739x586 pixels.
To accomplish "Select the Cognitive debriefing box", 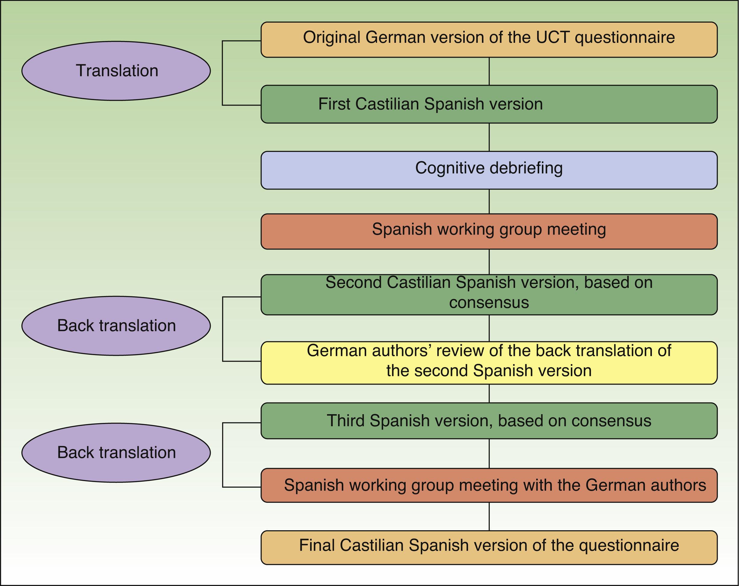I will point(489,170).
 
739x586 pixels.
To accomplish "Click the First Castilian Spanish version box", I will point(489,104).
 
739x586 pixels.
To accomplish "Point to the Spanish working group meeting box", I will point(489,232).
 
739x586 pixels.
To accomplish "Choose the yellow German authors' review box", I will point(489,363).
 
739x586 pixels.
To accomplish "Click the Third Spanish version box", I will point(489,421).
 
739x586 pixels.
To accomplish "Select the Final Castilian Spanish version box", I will point(489,548).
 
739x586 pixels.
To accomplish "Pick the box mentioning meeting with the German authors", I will point(489,486).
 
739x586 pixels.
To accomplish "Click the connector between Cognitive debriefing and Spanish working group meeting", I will point(489,202).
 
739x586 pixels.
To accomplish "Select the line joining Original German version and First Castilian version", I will point(489,71).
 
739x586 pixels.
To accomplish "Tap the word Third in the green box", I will point(345,421).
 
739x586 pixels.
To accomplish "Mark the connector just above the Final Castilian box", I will point(489,516).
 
